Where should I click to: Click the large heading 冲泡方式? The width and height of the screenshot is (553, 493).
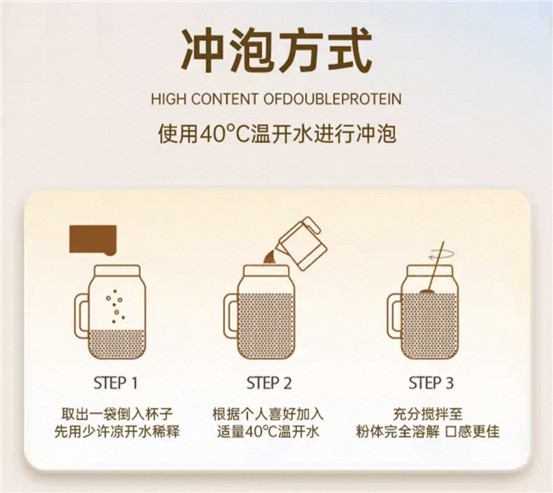(276, 52)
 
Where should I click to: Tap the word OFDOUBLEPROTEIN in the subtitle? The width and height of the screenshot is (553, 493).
(333, 99)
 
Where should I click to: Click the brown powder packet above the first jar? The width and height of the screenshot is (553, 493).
(93, 239)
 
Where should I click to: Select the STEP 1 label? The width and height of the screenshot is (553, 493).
(116, 383)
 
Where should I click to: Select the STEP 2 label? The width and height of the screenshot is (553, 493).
(269, 383)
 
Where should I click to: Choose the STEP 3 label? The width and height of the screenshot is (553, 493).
(430, 383)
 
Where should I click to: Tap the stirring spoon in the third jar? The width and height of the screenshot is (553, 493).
(435, 267)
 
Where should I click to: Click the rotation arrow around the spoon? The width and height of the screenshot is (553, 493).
(441, 254)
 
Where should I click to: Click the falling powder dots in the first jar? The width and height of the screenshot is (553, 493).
(116, 307)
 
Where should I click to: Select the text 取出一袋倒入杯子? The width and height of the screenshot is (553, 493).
(117, 414)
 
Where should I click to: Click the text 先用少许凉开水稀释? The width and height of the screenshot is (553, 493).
(117, 432)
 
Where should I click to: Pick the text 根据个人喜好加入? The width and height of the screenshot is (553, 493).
(268, 414)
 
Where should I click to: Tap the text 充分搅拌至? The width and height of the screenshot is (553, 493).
(427, 414)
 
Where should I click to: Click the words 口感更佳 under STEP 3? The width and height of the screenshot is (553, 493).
(472, 432)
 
